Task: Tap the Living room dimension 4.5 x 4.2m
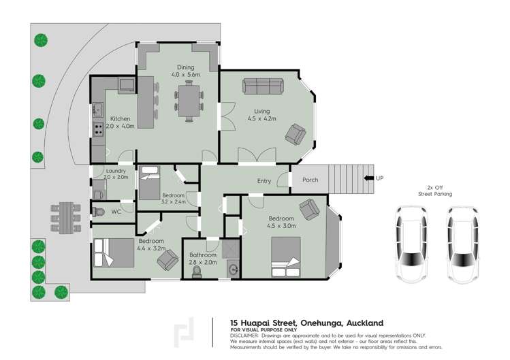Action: click(262, 120)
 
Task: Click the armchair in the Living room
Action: click(296, 133)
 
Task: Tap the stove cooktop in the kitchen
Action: click(98, 127)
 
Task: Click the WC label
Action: click(116, 212)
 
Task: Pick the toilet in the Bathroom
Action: click(197, 271)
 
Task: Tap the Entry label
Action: click(264, 181)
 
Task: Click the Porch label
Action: click(310, 180)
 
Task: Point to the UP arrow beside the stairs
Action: click(368, 178)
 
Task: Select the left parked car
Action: click(408, 244)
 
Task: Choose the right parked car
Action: click(462, 244)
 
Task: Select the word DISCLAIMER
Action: click(245, 336)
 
